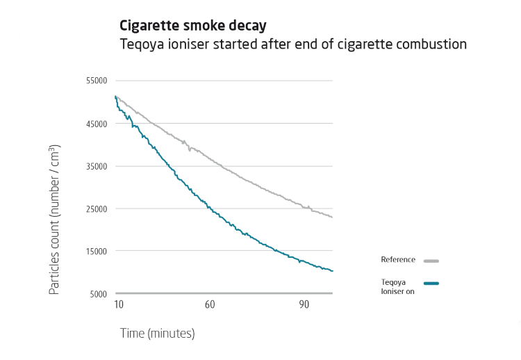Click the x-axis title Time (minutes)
coord(157,334)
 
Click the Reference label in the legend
coord(398,260)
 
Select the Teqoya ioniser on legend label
coord(394,286)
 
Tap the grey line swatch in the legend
coord(431,261)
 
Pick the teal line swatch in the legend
coord(431,283)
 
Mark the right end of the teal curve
coord(333,271)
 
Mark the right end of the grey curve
coord(333,218)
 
